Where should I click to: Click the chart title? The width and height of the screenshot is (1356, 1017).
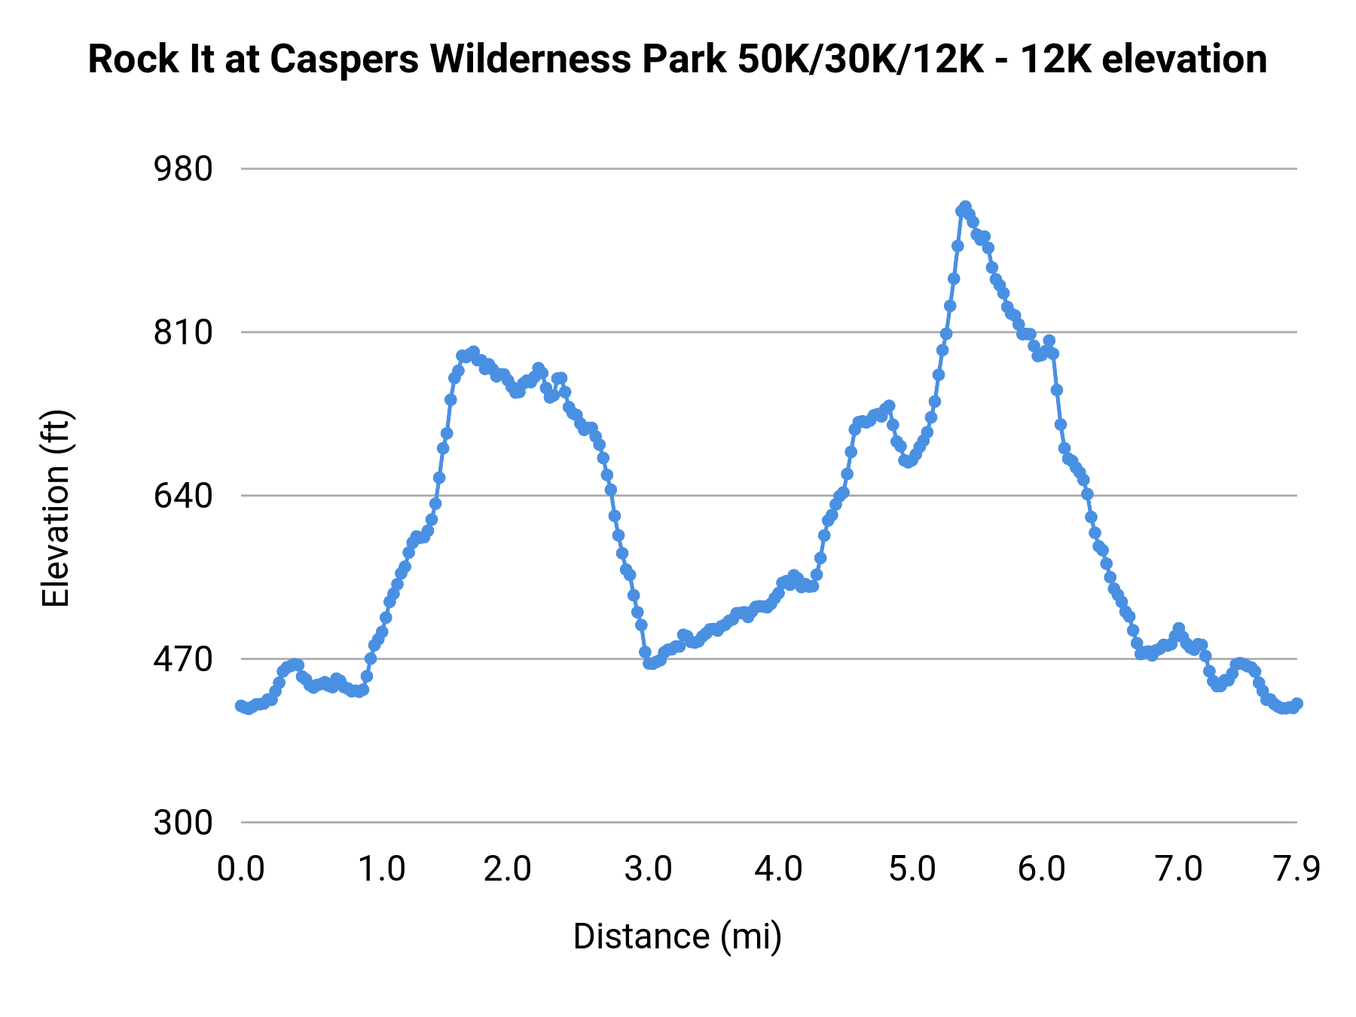pos(677,60)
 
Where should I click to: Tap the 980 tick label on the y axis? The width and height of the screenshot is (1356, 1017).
pos(184,169)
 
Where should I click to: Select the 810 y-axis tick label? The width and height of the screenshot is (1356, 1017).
pos(184,332)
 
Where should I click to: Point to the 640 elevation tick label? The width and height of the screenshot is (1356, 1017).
pos(184,496)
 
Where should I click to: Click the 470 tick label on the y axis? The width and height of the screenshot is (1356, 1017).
pos(184,659)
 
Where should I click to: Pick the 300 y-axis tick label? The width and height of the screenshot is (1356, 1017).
pos(184,823)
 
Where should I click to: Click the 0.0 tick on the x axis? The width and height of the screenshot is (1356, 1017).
pos(241,869)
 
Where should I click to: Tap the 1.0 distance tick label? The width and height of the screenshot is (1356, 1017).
pos(381,869)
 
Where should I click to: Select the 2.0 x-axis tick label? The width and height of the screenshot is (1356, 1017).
pos(508,869)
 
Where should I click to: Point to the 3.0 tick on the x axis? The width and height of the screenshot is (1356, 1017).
pos(649,869)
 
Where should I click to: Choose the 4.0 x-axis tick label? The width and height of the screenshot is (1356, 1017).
pos(780,869)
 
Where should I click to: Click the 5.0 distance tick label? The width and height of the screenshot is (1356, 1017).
pos(912,869)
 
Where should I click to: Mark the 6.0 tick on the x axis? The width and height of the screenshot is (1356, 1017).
pos(1042,869)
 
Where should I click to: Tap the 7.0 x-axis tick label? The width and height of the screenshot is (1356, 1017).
pos(1179,869)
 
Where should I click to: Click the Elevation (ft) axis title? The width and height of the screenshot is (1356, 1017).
pos(56,508)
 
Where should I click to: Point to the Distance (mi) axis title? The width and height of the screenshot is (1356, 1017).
pos(677,936)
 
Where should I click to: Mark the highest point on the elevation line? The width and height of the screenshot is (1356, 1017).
pos(965,206)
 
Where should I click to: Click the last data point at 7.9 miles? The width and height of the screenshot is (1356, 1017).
pos(1297,704)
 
